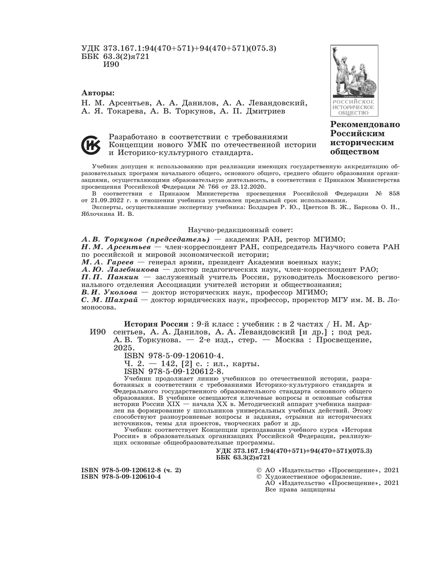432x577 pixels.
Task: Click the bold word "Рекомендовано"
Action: pyautogui.click(x=365, y=124)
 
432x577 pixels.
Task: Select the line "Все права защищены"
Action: pyautogui.click(x=300, y=490)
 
